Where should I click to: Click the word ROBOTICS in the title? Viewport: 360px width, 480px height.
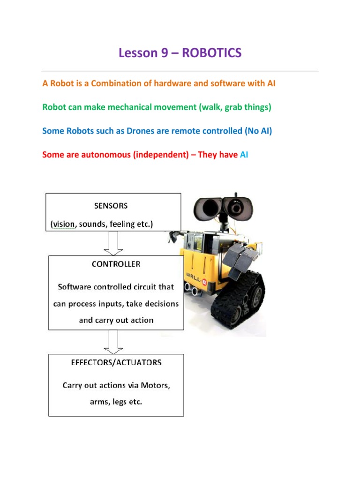[x=211, y=53]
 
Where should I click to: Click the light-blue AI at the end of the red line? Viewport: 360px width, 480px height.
[x=244, y=155]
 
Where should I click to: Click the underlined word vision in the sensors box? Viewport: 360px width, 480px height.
[x=63, y=224]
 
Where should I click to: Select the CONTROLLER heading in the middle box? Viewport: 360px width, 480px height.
[x=116, y=264]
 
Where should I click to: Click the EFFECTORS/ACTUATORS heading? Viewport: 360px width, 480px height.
[x=116, y=362]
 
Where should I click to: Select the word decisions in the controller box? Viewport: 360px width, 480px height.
[x=159, y=304]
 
